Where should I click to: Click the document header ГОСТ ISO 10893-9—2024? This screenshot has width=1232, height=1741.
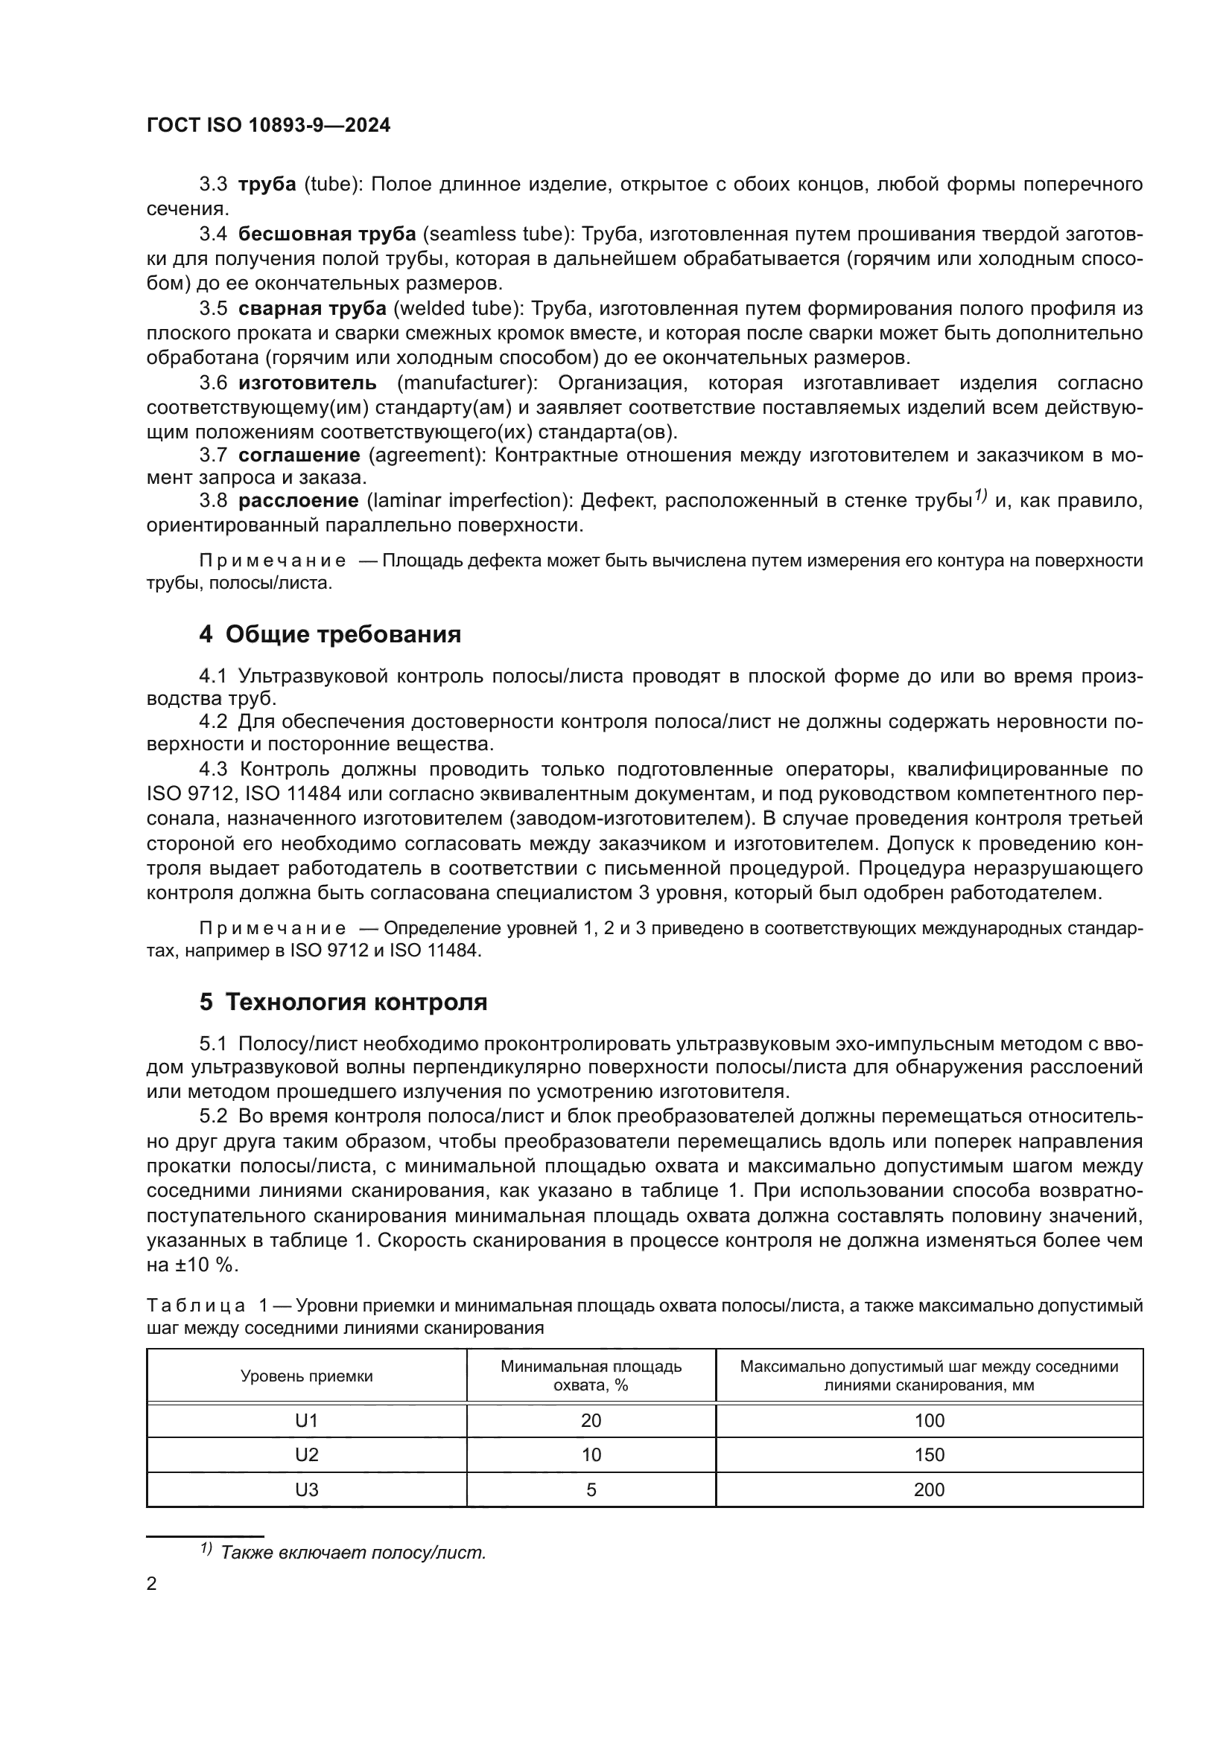pyautogui.click(x=269, y=126)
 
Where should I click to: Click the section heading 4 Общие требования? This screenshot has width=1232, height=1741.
pyautogui.click(x=330, y=634)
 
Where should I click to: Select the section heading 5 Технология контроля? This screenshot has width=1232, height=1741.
pyautogui.click(x=343, y=1003)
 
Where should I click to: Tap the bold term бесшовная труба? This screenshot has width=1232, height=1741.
pyautogui.click(x=327, y=234)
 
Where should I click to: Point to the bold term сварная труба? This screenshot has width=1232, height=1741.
pyautogui.click(x=313, y=309)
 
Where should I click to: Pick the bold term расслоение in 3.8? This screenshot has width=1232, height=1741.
pyautogui.click(x=299, y=500)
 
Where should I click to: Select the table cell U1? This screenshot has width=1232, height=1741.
pyautogui.click(x=306, y=1421)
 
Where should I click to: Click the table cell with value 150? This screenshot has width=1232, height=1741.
pyautogui.click(x=930, y=1455)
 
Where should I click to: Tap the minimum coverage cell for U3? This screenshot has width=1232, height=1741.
pyautogui.click(x=591, y=1490)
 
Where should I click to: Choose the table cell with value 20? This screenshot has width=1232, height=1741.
pyautogui.click(x=591, y=1421)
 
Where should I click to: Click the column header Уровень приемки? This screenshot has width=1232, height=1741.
pyautogui.click(x=306, y=1376)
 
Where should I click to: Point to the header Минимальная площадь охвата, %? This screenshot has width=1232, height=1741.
pyautogui.click(x=591, y=1376)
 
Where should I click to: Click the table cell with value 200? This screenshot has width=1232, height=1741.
pyautogui.click(x=930, y=1490)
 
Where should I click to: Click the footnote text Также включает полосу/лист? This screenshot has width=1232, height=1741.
pyautogui.click(x=353, y=1552)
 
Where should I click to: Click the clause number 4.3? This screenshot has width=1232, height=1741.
pyautogui.click(x=213, y=769)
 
